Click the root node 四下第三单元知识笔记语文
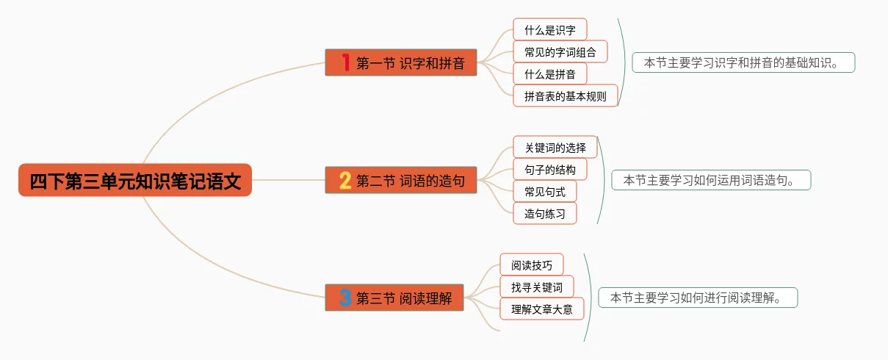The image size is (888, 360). click(135, 180)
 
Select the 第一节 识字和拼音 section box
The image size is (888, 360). click(401, 62)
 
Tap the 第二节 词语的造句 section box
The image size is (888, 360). click(401, 180)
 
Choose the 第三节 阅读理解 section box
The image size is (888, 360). click(394, 298)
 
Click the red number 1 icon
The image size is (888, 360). click(345, 62)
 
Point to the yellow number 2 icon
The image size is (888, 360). click(345, 180)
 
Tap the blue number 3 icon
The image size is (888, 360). click(345, 298)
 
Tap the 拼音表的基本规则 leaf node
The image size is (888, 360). click(566, 96)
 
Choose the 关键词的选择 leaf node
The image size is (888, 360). click(555, 148)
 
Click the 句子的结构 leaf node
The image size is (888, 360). click(550, 170)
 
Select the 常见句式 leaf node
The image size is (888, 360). click(545, 192)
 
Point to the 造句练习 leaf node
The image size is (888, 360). click(545, 214)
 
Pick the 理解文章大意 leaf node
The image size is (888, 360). click(542, 309)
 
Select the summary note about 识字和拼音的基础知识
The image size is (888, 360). click(743, 62)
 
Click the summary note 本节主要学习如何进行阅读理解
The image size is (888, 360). click(698, 298)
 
